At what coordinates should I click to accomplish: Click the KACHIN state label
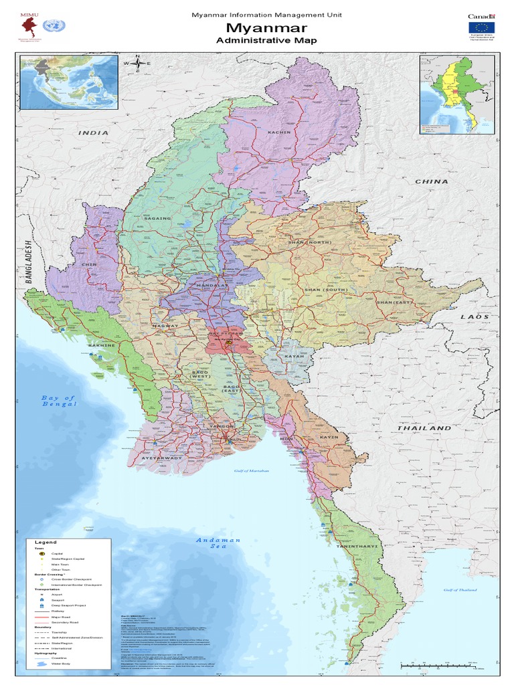[279, 132]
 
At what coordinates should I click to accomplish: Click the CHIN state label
[88, 264]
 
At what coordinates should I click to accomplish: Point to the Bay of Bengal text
[59, 401]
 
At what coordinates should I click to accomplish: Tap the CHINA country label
[432, 181]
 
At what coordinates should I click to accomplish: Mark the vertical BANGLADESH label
[29, 262]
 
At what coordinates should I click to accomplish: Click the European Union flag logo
[481, 27]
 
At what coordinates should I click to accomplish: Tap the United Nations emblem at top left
[50, 26]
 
